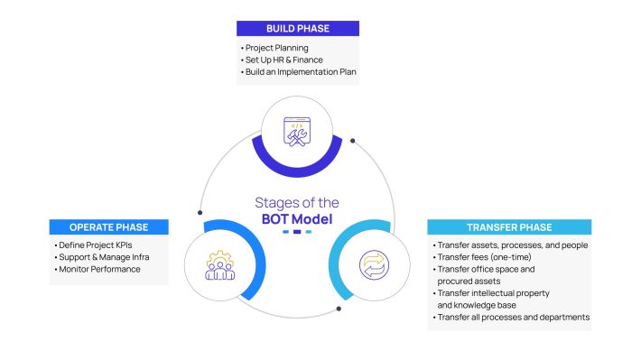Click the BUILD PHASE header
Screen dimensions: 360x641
click(x=297, y=28)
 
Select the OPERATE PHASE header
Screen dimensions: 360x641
click(x=108, y=226)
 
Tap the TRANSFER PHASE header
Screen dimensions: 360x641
click(x=509, y=226)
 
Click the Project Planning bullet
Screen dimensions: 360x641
click(x=276, y=47)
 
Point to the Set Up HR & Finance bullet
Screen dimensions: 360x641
click(x=283, y=59)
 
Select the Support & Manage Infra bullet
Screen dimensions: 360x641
click(x=102, y=257)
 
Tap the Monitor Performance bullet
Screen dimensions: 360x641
click(x=98, y=269)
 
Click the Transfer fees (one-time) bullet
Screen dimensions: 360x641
click(x=488, y=257)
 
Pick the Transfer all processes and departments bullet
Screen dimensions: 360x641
click(x=513, y=317)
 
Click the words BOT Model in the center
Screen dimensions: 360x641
click(x=297, y=218)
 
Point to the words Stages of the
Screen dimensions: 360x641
click(x=297, y=202)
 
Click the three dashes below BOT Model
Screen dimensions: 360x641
click(x=297, y=233)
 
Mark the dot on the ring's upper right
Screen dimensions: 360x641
click(x=352, y=141)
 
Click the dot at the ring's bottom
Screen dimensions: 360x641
click(x=339, y=308)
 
